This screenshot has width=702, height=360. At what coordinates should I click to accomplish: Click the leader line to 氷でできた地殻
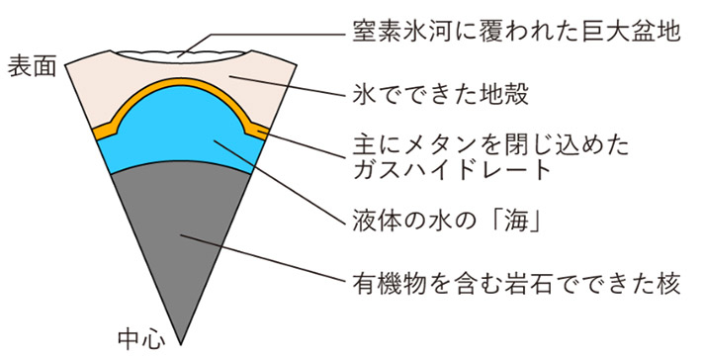pos(287,87)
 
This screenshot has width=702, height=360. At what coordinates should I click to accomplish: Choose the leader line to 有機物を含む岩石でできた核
pos(267,259)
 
